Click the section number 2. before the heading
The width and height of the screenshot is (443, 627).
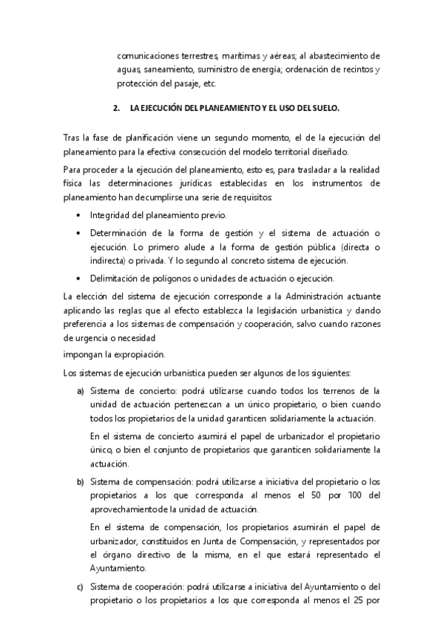[116, 109]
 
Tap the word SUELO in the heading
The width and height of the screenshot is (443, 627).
[325, 109]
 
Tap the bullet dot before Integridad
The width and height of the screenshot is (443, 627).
[79, 215]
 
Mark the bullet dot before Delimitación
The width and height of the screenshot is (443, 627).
[79, 279]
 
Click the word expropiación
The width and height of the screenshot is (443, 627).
[139, 353]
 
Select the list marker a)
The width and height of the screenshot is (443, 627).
[80, 391]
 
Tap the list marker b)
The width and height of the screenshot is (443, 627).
[80, 483]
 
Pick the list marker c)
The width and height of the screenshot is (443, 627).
[80, 588]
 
